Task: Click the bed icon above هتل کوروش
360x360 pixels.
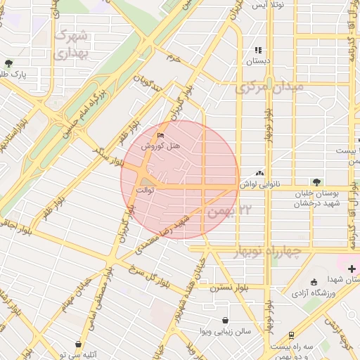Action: point(161,135)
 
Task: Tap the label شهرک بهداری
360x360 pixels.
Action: point(72,43)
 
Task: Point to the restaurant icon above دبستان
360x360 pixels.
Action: point(258,51)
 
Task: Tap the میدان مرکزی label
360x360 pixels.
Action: point(269,88)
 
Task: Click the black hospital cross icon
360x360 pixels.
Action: point(352,268)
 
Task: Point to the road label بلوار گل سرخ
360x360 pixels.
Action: point(151,276)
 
